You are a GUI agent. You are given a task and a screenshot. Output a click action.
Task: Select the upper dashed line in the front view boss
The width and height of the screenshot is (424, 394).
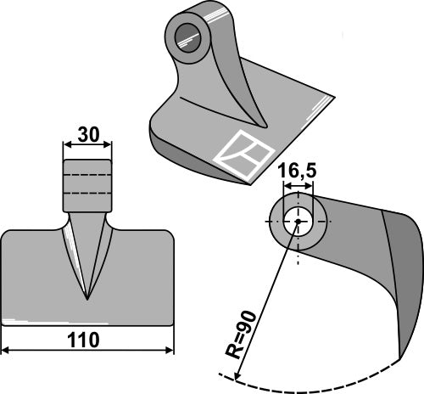click(x=87, y=177)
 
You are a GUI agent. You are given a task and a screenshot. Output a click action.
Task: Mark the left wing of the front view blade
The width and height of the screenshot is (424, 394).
click(x=34, y=272)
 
